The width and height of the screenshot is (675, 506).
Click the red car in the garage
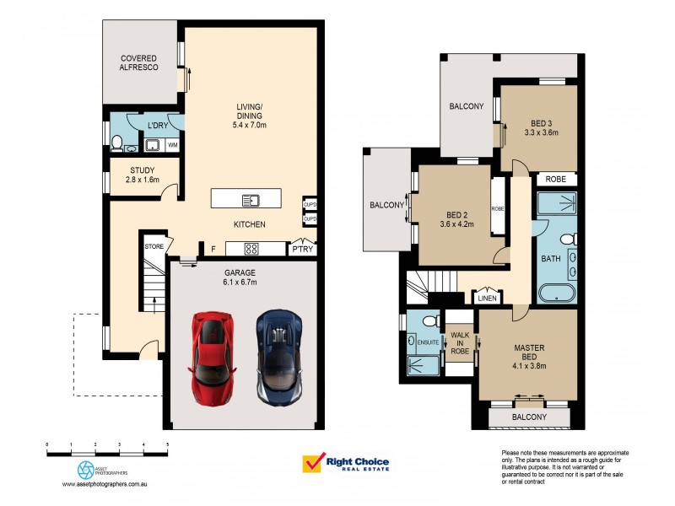click(x=208, y=357)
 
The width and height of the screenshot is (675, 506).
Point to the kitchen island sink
click(x=251, y=200)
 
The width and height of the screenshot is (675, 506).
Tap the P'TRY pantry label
click(x=301, y=249)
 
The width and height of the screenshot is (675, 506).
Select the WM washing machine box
click(x=173, y=146)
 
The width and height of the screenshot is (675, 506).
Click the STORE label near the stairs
click(x=153, y=247)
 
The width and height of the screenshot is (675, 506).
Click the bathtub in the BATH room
click(x=557, y=294)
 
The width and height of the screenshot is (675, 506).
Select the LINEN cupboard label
click(x=487, y=298)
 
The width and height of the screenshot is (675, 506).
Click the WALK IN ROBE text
click(x=459, y=343)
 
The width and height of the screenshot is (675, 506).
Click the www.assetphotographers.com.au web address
click(x=105, y=485)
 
